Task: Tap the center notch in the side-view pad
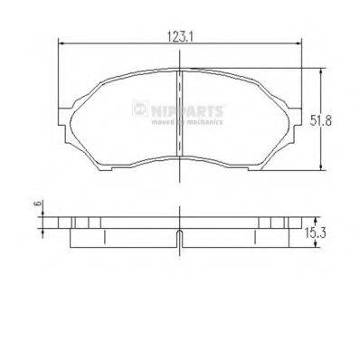(x=181, y=239)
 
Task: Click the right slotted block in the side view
(x=274, y=223)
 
